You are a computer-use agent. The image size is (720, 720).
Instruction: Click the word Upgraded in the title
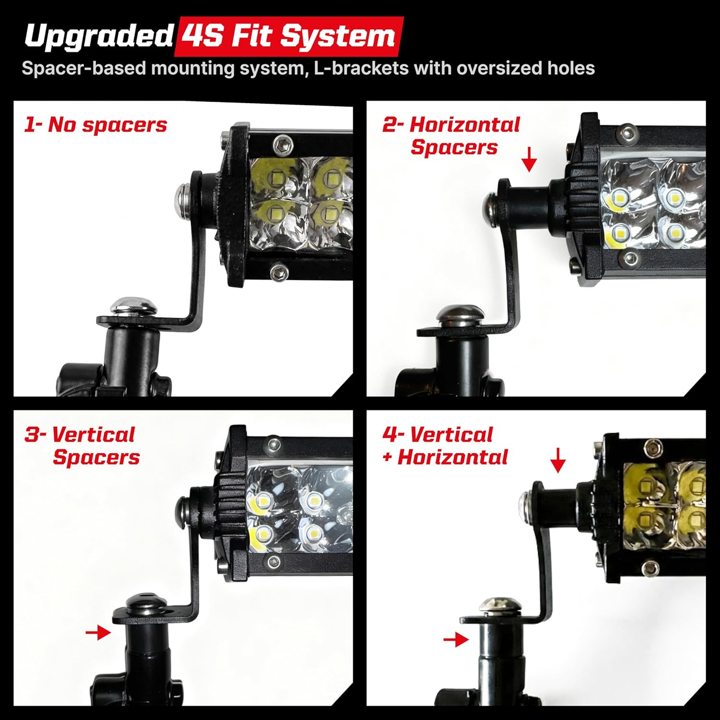click(98, 36)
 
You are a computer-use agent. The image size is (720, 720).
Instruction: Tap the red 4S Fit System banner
click(289, 36)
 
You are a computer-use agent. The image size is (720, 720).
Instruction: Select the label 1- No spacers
click(96, 125)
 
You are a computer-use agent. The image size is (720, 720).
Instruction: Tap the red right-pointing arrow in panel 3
click(98, 633)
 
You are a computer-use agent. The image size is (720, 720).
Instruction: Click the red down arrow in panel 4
click(558, 460)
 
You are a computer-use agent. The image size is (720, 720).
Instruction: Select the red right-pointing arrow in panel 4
click(456, 639)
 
